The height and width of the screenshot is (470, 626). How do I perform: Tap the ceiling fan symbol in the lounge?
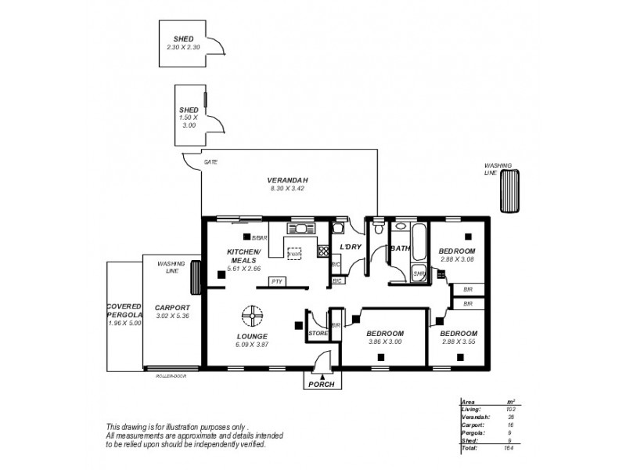pos(252,315)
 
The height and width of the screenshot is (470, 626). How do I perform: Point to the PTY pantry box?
pos(275,280)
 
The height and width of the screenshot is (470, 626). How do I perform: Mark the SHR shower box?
pos(419,273)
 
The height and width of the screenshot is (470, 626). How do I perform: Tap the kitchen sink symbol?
pos(300,229)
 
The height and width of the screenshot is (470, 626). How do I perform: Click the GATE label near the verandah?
pos(210,162)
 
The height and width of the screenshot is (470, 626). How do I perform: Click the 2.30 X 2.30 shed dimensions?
pos(183,47)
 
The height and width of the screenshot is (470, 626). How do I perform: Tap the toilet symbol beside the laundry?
pos(379,230)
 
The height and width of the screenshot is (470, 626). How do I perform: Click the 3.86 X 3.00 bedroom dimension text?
pos(383,342)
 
